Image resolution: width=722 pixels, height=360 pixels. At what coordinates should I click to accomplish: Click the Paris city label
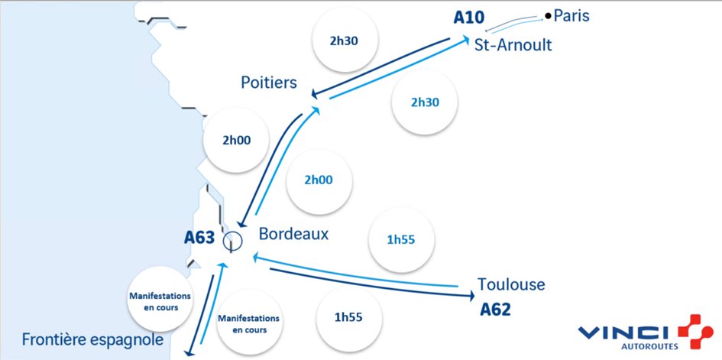click(572, 15)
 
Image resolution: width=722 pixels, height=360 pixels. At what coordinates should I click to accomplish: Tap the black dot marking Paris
click(548, 15)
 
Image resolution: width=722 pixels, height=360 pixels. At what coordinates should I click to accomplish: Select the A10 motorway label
click(469, 17)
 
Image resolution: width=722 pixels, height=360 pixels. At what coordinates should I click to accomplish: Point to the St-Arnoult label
click(513, 44)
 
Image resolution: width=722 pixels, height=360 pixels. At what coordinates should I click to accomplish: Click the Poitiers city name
click(268, 82)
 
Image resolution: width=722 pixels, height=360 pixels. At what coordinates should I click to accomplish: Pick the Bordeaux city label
click(293, 233)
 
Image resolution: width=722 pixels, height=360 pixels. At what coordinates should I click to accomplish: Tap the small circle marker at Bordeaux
click(232, 242)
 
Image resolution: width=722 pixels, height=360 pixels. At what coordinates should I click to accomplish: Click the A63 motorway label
click(200, 238)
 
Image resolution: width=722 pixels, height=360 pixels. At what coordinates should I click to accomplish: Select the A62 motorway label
click(494, 310)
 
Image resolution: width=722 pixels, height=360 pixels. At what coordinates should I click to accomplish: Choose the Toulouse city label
click(511, 284)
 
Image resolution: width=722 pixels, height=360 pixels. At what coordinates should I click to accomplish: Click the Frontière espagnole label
click(92, 339)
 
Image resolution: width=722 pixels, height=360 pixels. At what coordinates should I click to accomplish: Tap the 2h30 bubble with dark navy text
click(345, 41)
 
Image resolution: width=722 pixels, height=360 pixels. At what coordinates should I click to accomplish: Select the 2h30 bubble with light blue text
click(424, 102)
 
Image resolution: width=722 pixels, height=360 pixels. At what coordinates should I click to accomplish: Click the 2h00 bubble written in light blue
click(319, 180)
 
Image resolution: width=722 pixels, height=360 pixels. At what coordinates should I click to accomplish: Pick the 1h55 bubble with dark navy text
click(348, 318)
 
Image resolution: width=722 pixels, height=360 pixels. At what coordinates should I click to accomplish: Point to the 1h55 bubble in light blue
click(401, 240)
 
